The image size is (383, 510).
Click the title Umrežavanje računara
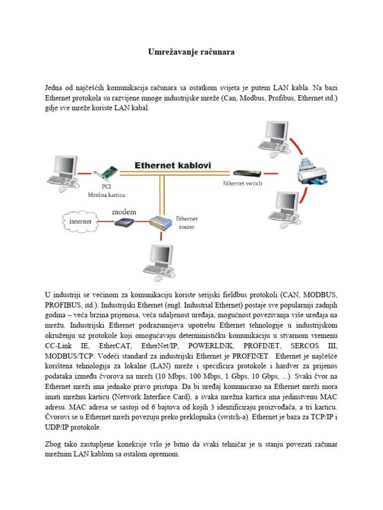pyautogui.click(x=191, y=52)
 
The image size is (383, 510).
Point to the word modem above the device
pyautogui.click(x=124, y=212)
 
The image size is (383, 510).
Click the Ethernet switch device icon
pyautogui.click(x=246, y=172)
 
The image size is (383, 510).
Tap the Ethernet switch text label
pyautogui.click(x=242, y=183)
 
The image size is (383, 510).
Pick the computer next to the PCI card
pyautogui.click(x=63, y=172)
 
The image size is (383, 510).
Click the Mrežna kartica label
pyautogui.click(x=106, y=195)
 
